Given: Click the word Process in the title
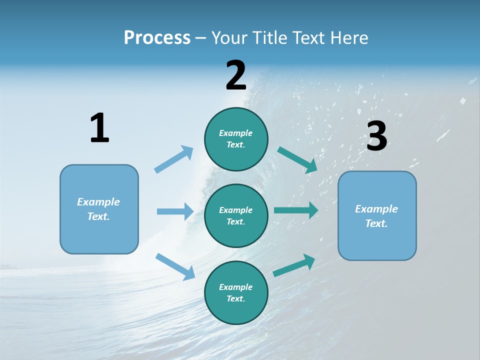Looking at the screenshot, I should click(x=157, y=38).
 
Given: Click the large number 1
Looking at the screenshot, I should click(x=99, y=128).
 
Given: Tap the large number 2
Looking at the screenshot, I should click(x=236, y=75).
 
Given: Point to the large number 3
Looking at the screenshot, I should click(x=376, y=136).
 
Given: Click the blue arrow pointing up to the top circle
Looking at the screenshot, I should click(x=174, y=159).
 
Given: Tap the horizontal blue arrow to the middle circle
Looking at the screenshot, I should click(x=175, y=211).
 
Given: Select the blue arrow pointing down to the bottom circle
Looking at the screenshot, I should click(x=175, y=266).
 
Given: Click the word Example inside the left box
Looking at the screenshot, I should click(x=98, y=202).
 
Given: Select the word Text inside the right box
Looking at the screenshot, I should click(x=376, y=223).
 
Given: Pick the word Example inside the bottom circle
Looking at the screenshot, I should click(x=236, y=287).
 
